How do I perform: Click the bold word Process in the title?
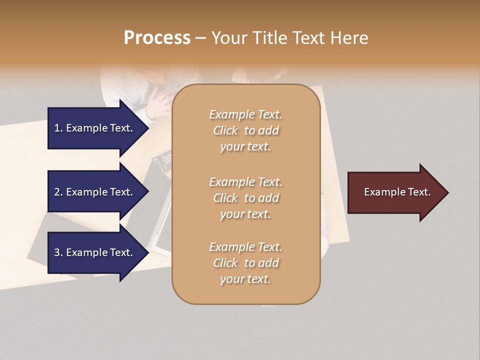(157, 38)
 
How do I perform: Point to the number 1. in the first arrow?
(58, 128)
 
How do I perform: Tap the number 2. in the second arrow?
(58, 192)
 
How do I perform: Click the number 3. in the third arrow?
(58, 252)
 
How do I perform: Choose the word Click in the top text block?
(225, 130)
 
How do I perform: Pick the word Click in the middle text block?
(225, 198)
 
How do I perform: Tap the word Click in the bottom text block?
(225, 263)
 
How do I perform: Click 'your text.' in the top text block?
(245, 147)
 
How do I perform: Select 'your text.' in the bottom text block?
(245, 279)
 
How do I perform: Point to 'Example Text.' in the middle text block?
(245, 181)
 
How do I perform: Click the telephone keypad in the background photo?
(162, 160)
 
